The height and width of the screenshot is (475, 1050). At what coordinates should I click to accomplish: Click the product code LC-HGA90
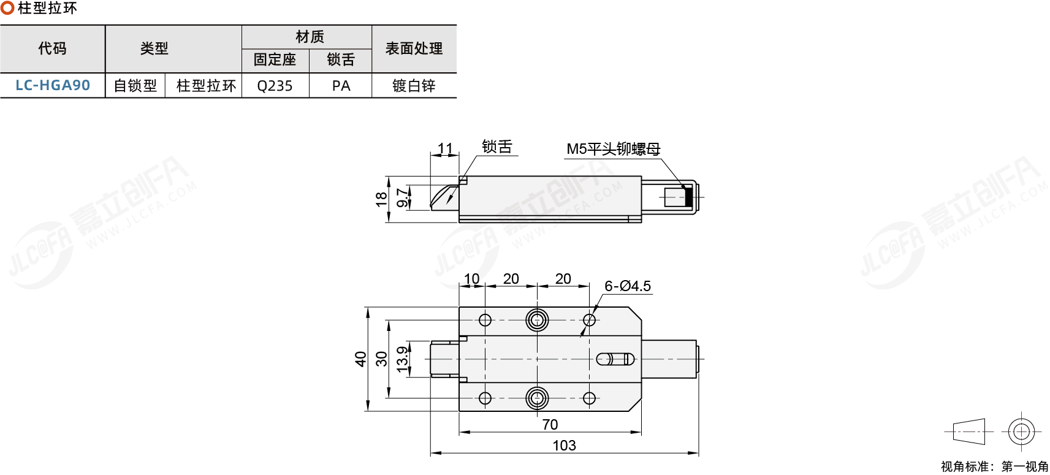53,85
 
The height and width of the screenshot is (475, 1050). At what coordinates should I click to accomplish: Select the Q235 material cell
275,86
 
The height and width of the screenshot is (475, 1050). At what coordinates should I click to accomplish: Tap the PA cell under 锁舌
341,86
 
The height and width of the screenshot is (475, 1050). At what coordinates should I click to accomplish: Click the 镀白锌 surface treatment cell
414,86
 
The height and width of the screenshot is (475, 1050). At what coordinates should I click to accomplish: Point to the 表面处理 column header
414,48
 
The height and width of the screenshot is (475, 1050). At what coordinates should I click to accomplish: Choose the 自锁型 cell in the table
135,86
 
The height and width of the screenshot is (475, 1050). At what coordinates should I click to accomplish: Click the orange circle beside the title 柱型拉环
7,9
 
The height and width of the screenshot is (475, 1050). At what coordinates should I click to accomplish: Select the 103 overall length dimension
564,446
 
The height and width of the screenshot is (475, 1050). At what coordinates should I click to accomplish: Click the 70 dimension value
550,425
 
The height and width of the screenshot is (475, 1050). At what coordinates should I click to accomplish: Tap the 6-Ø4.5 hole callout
627,286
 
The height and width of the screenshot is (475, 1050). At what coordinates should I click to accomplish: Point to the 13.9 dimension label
402,359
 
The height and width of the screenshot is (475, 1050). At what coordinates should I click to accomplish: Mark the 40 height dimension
360,359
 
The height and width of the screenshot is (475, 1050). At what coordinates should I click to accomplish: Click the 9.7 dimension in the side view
402,197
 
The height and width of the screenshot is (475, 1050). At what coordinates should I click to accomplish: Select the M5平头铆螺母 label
613,149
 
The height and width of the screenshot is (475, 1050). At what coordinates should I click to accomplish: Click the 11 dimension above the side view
445,149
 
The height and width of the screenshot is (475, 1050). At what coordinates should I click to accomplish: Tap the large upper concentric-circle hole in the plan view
537,320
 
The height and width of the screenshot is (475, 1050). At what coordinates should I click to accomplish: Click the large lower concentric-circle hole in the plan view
537,398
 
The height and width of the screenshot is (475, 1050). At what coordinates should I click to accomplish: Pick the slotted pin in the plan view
615,359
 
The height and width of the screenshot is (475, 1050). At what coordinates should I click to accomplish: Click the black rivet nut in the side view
688,197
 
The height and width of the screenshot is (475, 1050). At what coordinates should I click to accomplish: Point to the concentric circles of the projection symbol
1021,432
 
